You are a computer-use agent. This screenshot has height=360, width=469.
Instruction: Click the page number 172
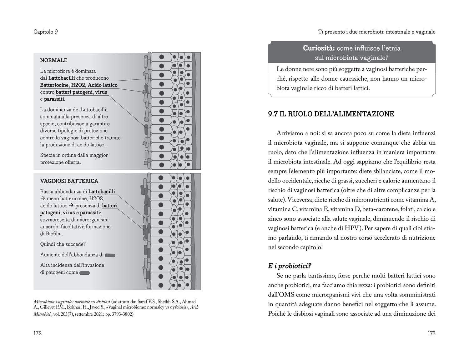click(38, 333)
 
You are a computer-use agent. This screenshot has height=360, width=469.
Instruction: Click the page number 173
click(431, 333)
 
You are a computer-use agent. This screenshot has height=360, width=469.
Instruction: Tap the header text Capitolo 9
click(45, 32)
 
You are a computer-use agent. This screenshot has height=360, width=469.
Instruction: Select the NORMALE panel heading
click(54, 60)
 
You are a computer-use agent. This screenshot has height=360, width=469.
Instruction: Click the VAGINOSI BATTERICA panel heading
click(69, 181)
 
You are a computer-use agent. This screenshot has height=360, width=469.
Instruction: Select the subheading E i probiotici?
click(290, 266)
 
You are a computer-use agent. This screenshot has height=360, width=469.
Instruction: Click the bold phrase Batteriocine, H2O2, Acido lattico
click(79, 85)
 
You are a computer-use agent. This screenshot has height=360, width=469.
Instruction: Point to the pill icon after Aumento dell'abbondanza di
click(110, 255)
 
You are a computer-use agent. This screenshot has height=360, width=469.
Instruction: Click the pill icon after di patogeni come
click(84, 273)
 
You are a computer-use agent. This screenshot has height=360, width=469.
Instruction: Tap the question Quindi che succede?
click(63, 244)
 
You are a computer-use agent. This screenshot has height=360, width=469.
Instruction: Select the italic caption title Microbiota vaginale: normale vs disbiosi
click(72, 302)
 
